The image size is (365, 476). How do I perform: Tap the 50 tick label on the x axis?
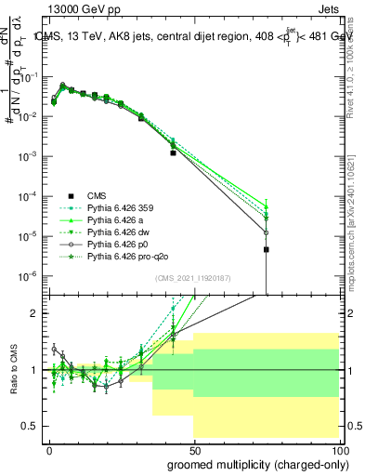pos(193,449)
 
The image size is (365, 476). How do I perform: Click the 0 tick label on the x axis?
pos(49,449)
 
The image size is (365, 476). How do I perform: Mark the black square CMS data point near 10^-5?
pos(267,249)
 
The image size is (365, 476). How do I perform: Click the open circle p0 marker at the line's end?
pos(267,232)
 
